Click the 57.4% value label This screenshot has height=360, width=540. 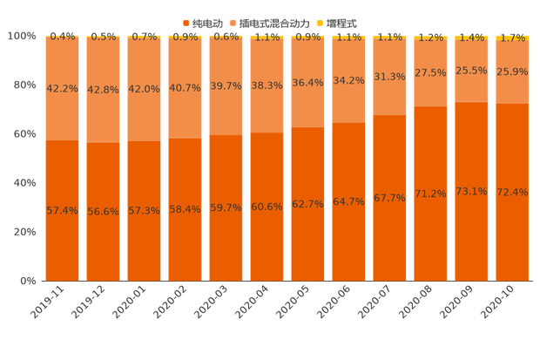coord(62,211)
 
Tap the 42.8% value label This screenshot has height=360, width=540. coord(103,89)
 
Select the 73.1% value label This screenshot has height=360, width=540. coord(471,192)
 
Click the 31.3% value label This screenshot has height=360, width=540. coord(389,77)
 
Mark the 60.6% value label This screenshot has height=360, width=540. coord(267,207)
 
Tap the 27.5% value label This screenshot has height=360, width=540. coord(430,72)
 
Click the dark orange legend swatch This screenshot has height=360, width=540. coord(186,22)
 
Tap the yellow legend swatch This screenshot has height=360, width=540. coord(320,22)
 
